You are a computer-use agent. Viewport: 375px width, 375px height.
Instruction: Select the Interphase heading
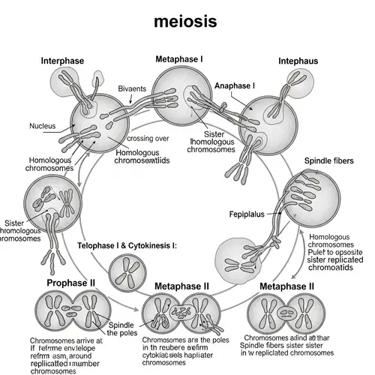(63, 61)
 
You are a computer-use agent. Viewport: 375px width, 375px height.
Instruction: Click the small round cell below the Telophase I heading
(128, 273)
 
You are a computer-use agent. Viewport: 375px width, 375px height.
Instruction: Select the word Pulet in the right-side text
(321, 253)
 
